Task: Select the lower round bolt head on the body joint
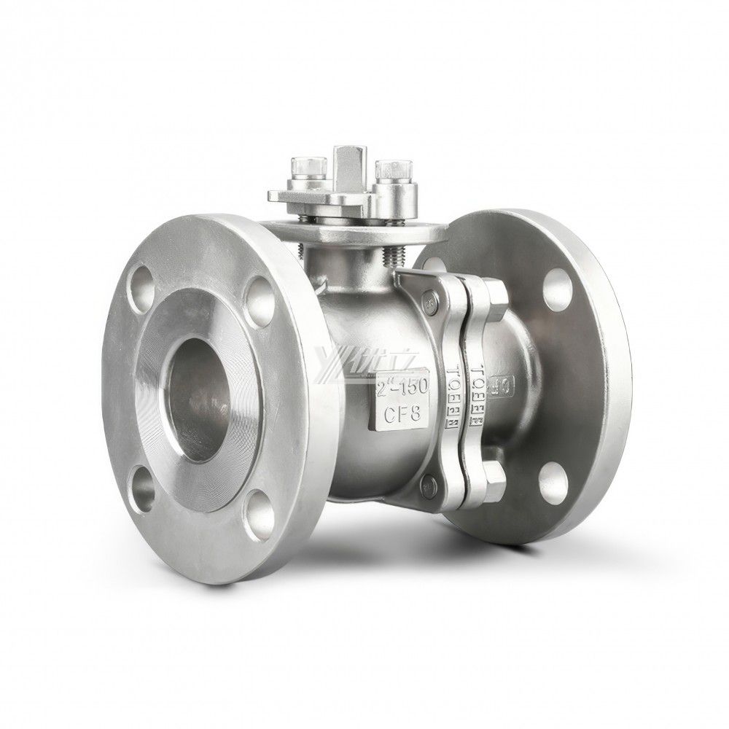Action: click(x=429, y=481)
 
